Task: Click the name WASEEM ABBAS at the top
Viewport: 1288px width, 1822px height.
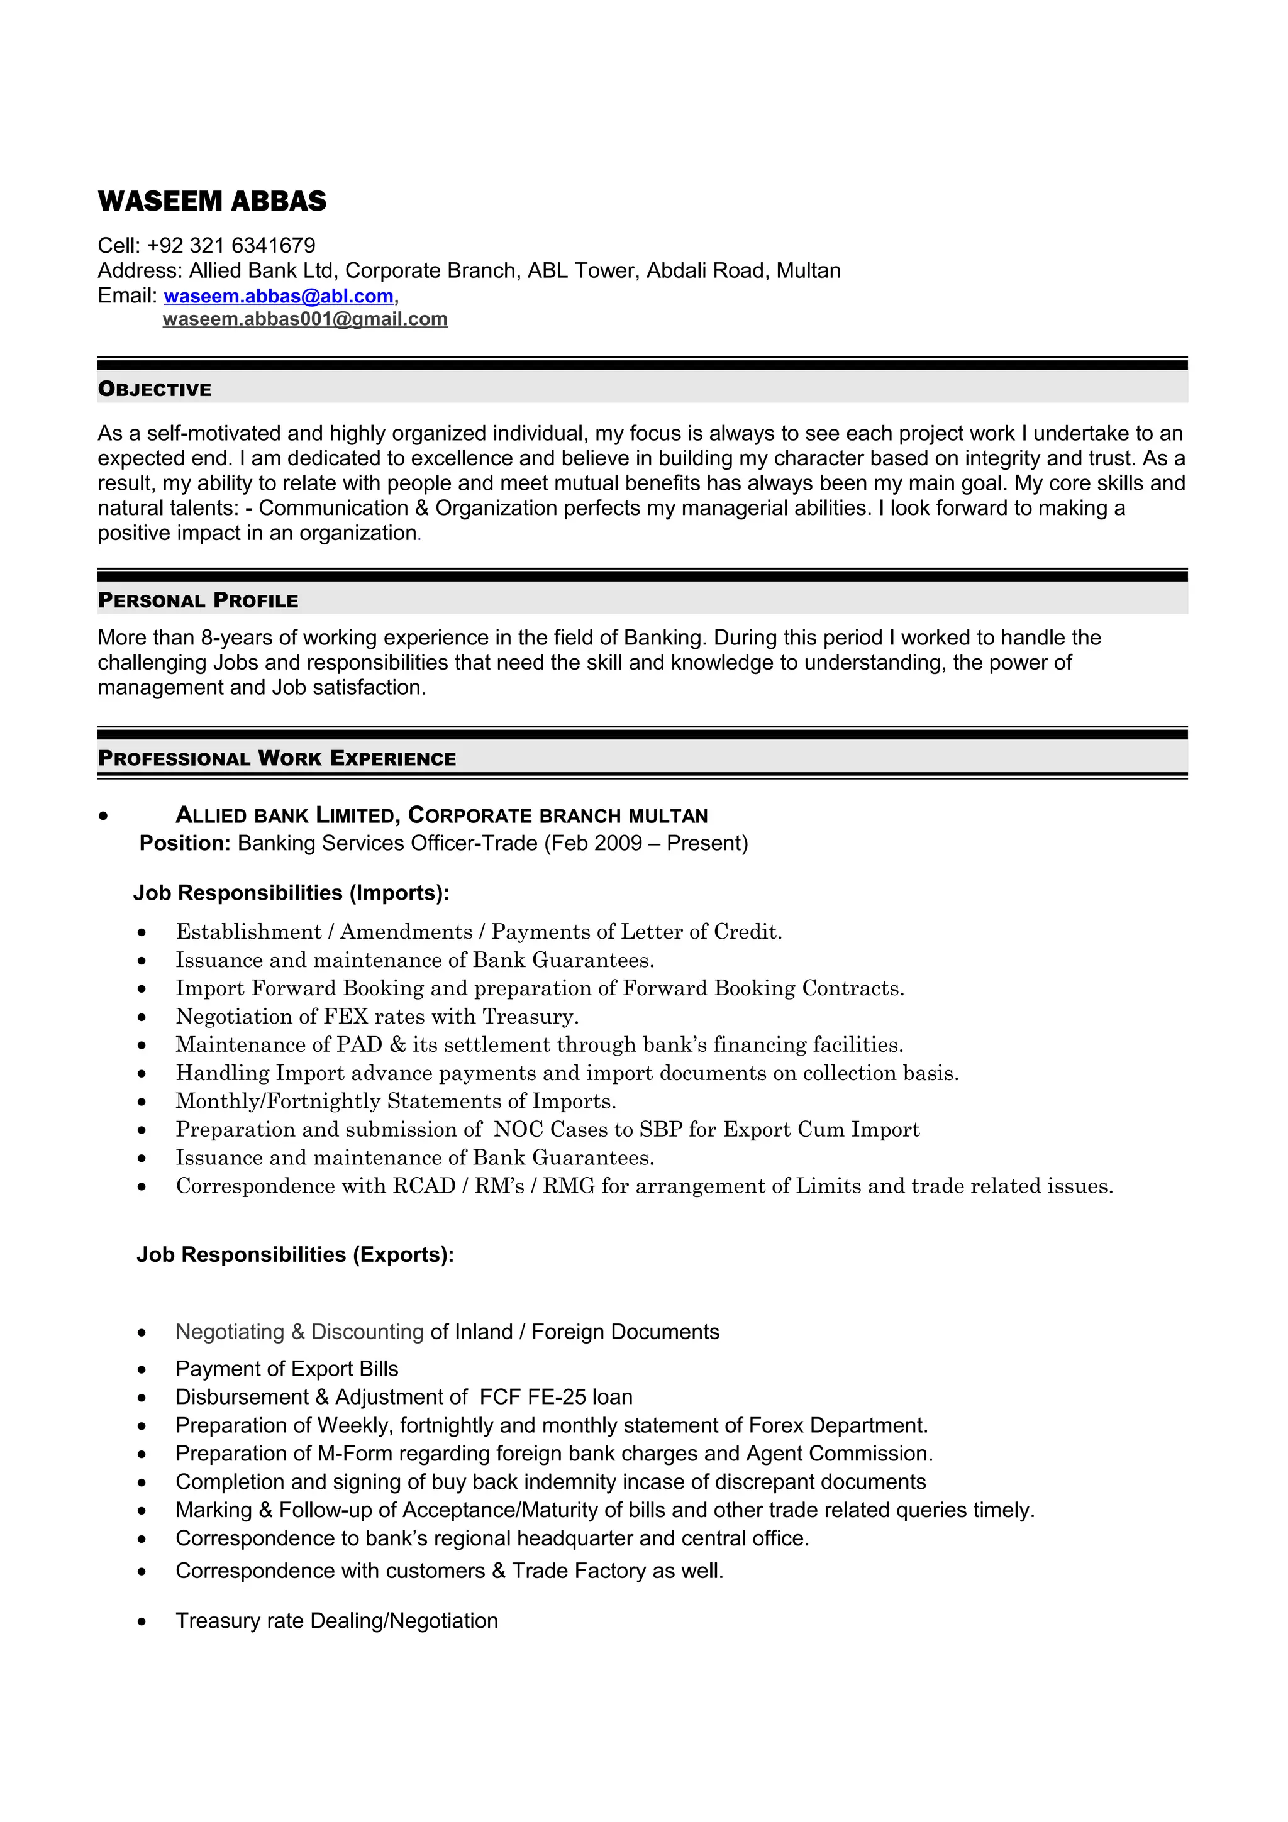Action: [x=212, y=202]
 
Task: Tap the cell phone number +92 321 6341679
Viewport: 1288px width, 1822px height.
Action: [x=231, y=245]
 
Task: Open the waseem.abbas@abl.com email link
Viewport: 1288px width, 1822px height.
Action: [x=279, y=296]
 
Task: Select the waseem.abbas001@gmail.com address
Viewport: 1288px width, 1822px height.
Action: [x=305, y=319]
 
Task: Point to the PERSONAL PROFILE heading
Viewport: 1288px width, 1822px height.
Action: [x=197, y=600]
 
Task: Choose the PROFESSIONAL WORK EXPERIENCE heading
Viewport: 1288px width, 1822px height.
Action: [x=277, y=759]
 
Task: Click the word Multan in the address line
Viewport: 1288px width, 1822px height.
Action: [x=808, y=270]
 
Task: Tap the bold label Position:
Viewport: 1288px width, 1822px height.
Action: [x=185, y=842]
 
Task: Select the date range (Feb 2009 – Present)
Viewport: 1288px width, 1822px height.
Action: [x=646, y=842]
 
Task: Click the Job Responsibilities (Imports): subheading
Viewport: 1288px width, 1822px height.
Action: [x=291, y=893]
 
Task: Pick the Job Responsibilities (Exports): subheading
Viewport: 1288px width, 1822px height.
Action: [x=295, y=1255]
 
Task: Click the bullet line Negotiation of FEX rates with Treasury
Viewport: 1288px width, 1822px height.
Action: [x=377, y=1017]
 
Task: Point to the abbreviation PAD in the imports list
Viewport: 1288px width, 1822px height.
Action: [x=360, y=1045]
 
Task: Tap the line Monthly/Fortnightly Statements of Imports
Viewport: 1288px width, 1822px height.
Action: [x=395, y=1101]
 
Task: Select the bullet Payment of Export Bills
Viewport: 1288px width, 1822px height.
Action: [x=287, y=1369]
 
